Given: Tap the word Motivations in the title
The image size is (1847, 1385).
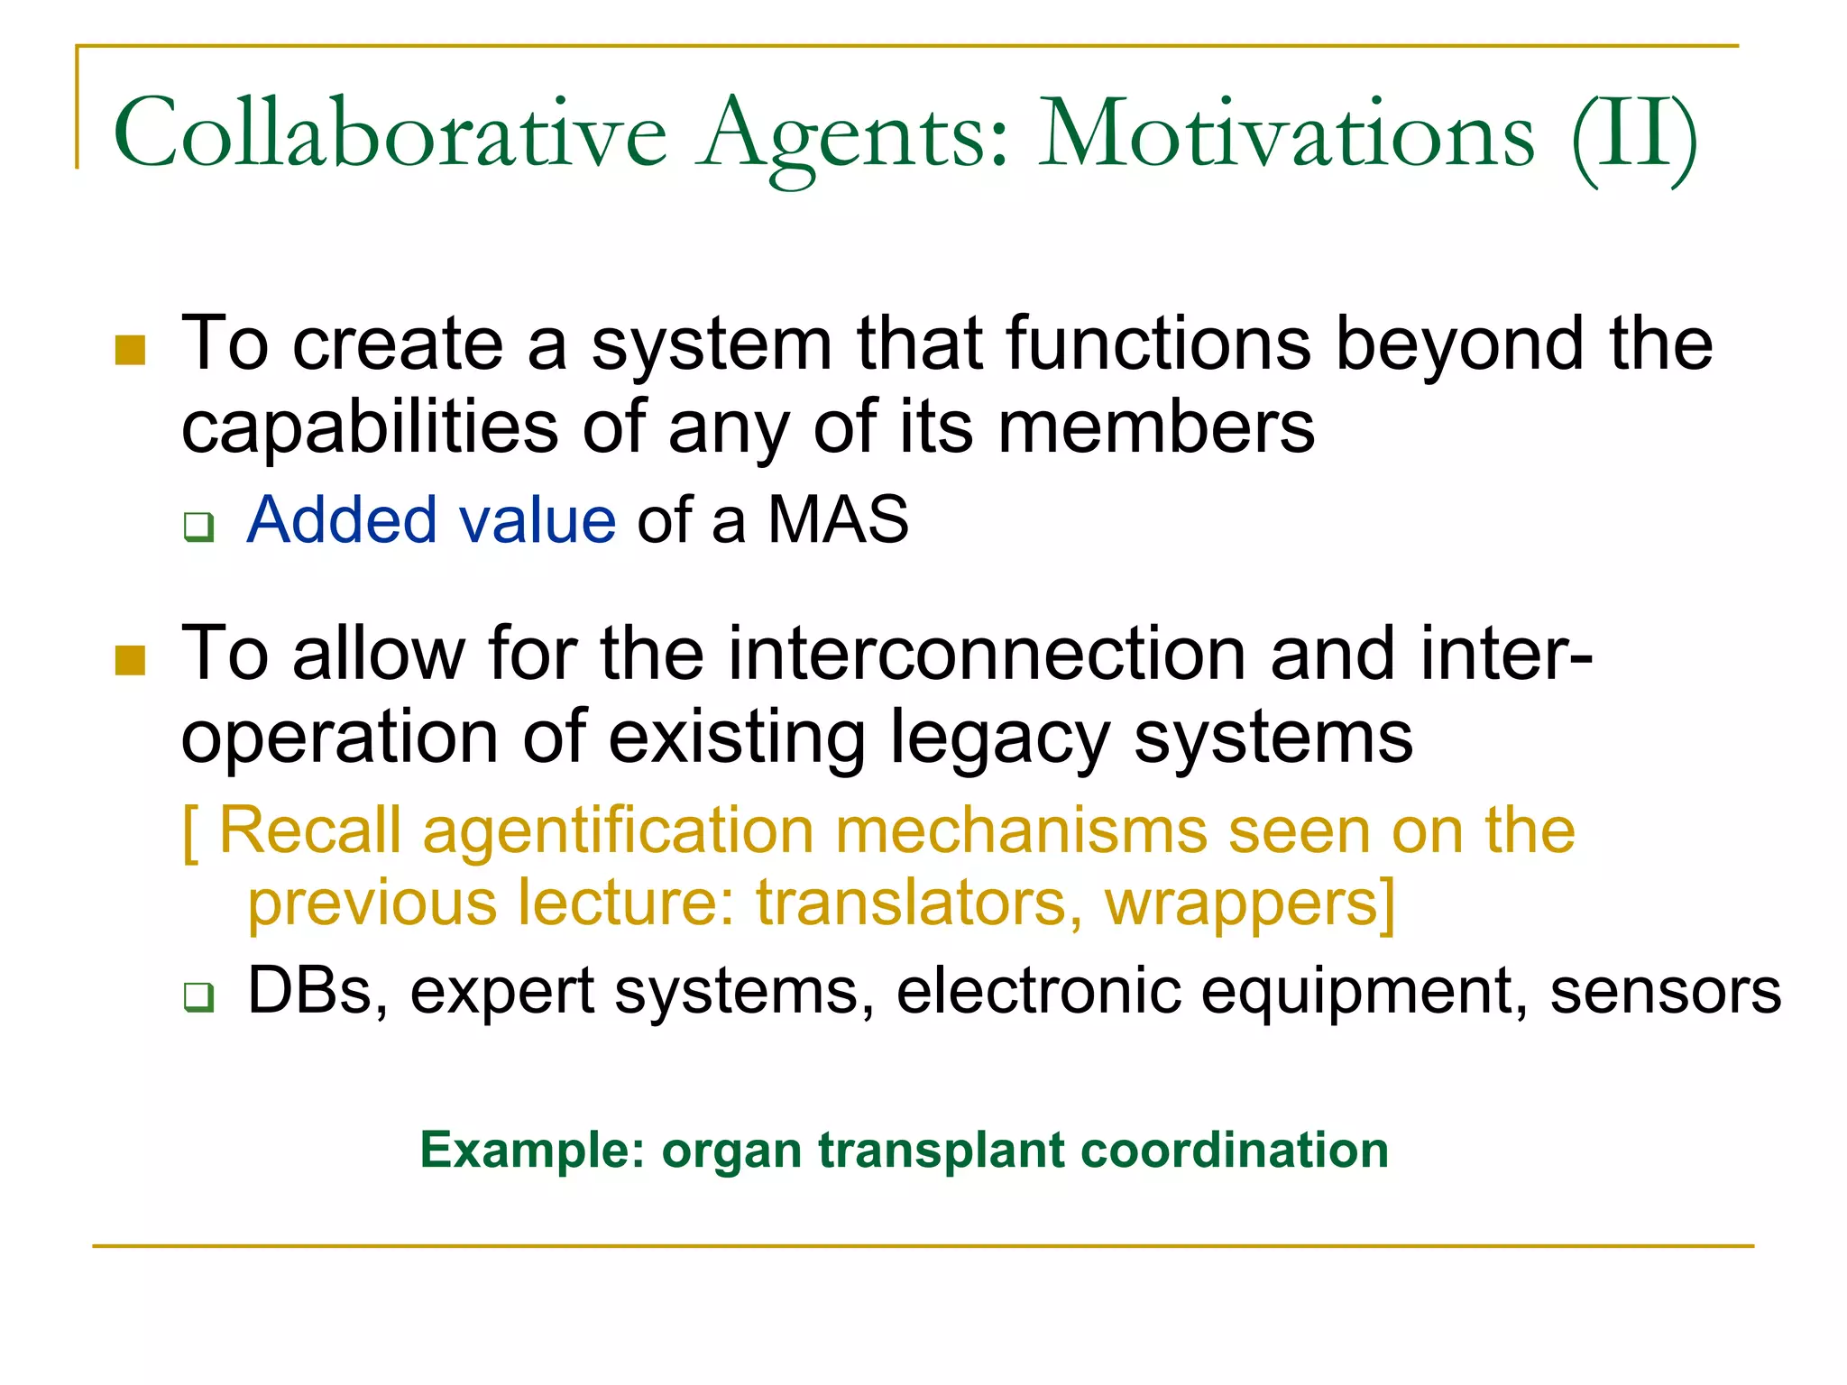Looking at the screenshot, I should [1286, 135].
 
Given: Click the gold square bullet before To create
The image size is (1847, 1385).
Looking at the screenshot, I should [131, 350].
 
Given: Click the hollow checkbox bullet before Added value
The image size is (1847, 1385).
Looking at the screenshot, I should [198, 526].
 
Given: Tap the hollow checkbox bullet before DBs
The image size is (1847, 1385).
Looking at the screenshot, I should [198, 996].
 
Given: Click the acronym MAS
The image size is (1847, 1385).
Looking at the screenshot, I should [838, 520].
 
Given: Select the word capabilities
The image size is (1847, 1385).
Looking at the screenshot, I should [370, 427].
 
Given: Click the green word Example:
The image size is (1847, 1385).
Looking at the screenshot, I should [533, 1151].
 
